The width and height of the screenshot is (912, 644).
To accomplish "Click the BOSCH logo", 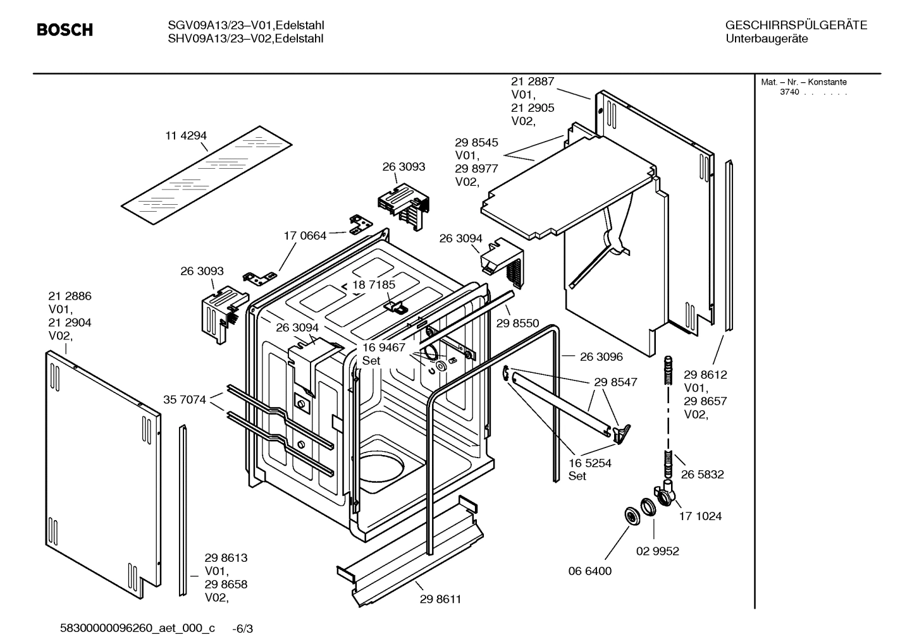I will [65, 30].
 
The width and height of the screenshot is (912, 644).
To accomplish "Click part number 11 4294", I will [186, 136].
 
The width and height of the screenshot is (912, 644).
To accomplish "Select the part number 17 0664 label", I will [305, 236].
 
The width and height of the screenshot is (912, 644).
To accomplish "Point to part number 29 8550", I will [517, 323].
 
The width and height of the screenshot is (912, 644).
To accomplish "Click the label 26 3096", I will [601, 356].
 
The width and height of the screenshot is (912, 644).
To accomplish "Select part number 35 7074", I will [185, 399].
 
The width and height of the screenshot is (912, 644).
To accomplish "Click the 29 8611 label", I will [440, 599].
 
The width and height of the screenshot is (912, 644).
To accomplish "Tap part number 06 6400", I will [589, 571].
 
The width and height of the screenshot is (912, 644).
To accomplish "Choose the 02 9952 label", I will [657, 551].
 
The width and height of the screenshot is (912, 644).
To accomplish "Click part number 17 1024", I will [700, 516].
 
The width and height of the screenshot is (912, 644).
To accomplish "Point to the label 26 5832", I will [702, 474].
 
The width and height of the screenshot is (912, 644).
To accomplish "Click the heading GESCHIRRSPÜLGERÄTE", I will [796, 25].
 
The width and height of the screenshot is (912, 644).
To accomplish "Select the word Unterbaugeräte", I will [766, 39].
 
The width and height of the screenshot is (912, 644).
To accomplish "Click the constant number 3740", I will [789, 92].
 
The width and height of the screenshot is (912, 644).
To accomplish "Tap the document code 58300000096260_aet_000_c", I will [137, 628].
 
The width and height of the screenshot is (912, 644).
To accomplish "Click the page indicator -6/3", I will [243, 629].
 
